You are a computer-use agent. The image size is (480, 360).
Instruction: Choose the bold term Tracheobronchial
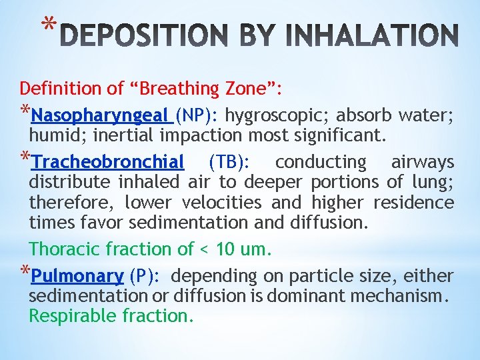[108, 162]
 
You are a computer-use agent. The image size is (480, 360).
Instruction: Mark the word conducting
[321, 162]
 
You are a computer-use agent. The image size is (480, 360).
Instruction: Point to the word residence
[413, 202]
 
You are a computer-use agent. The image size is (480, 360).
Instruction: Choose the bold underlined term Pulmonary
[77, 276]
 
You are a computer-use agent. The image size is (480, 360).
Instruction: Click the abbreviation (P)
[144, 276]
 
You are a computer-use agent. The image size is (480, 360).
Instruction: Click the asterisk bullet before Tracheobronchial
[25, 160]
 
